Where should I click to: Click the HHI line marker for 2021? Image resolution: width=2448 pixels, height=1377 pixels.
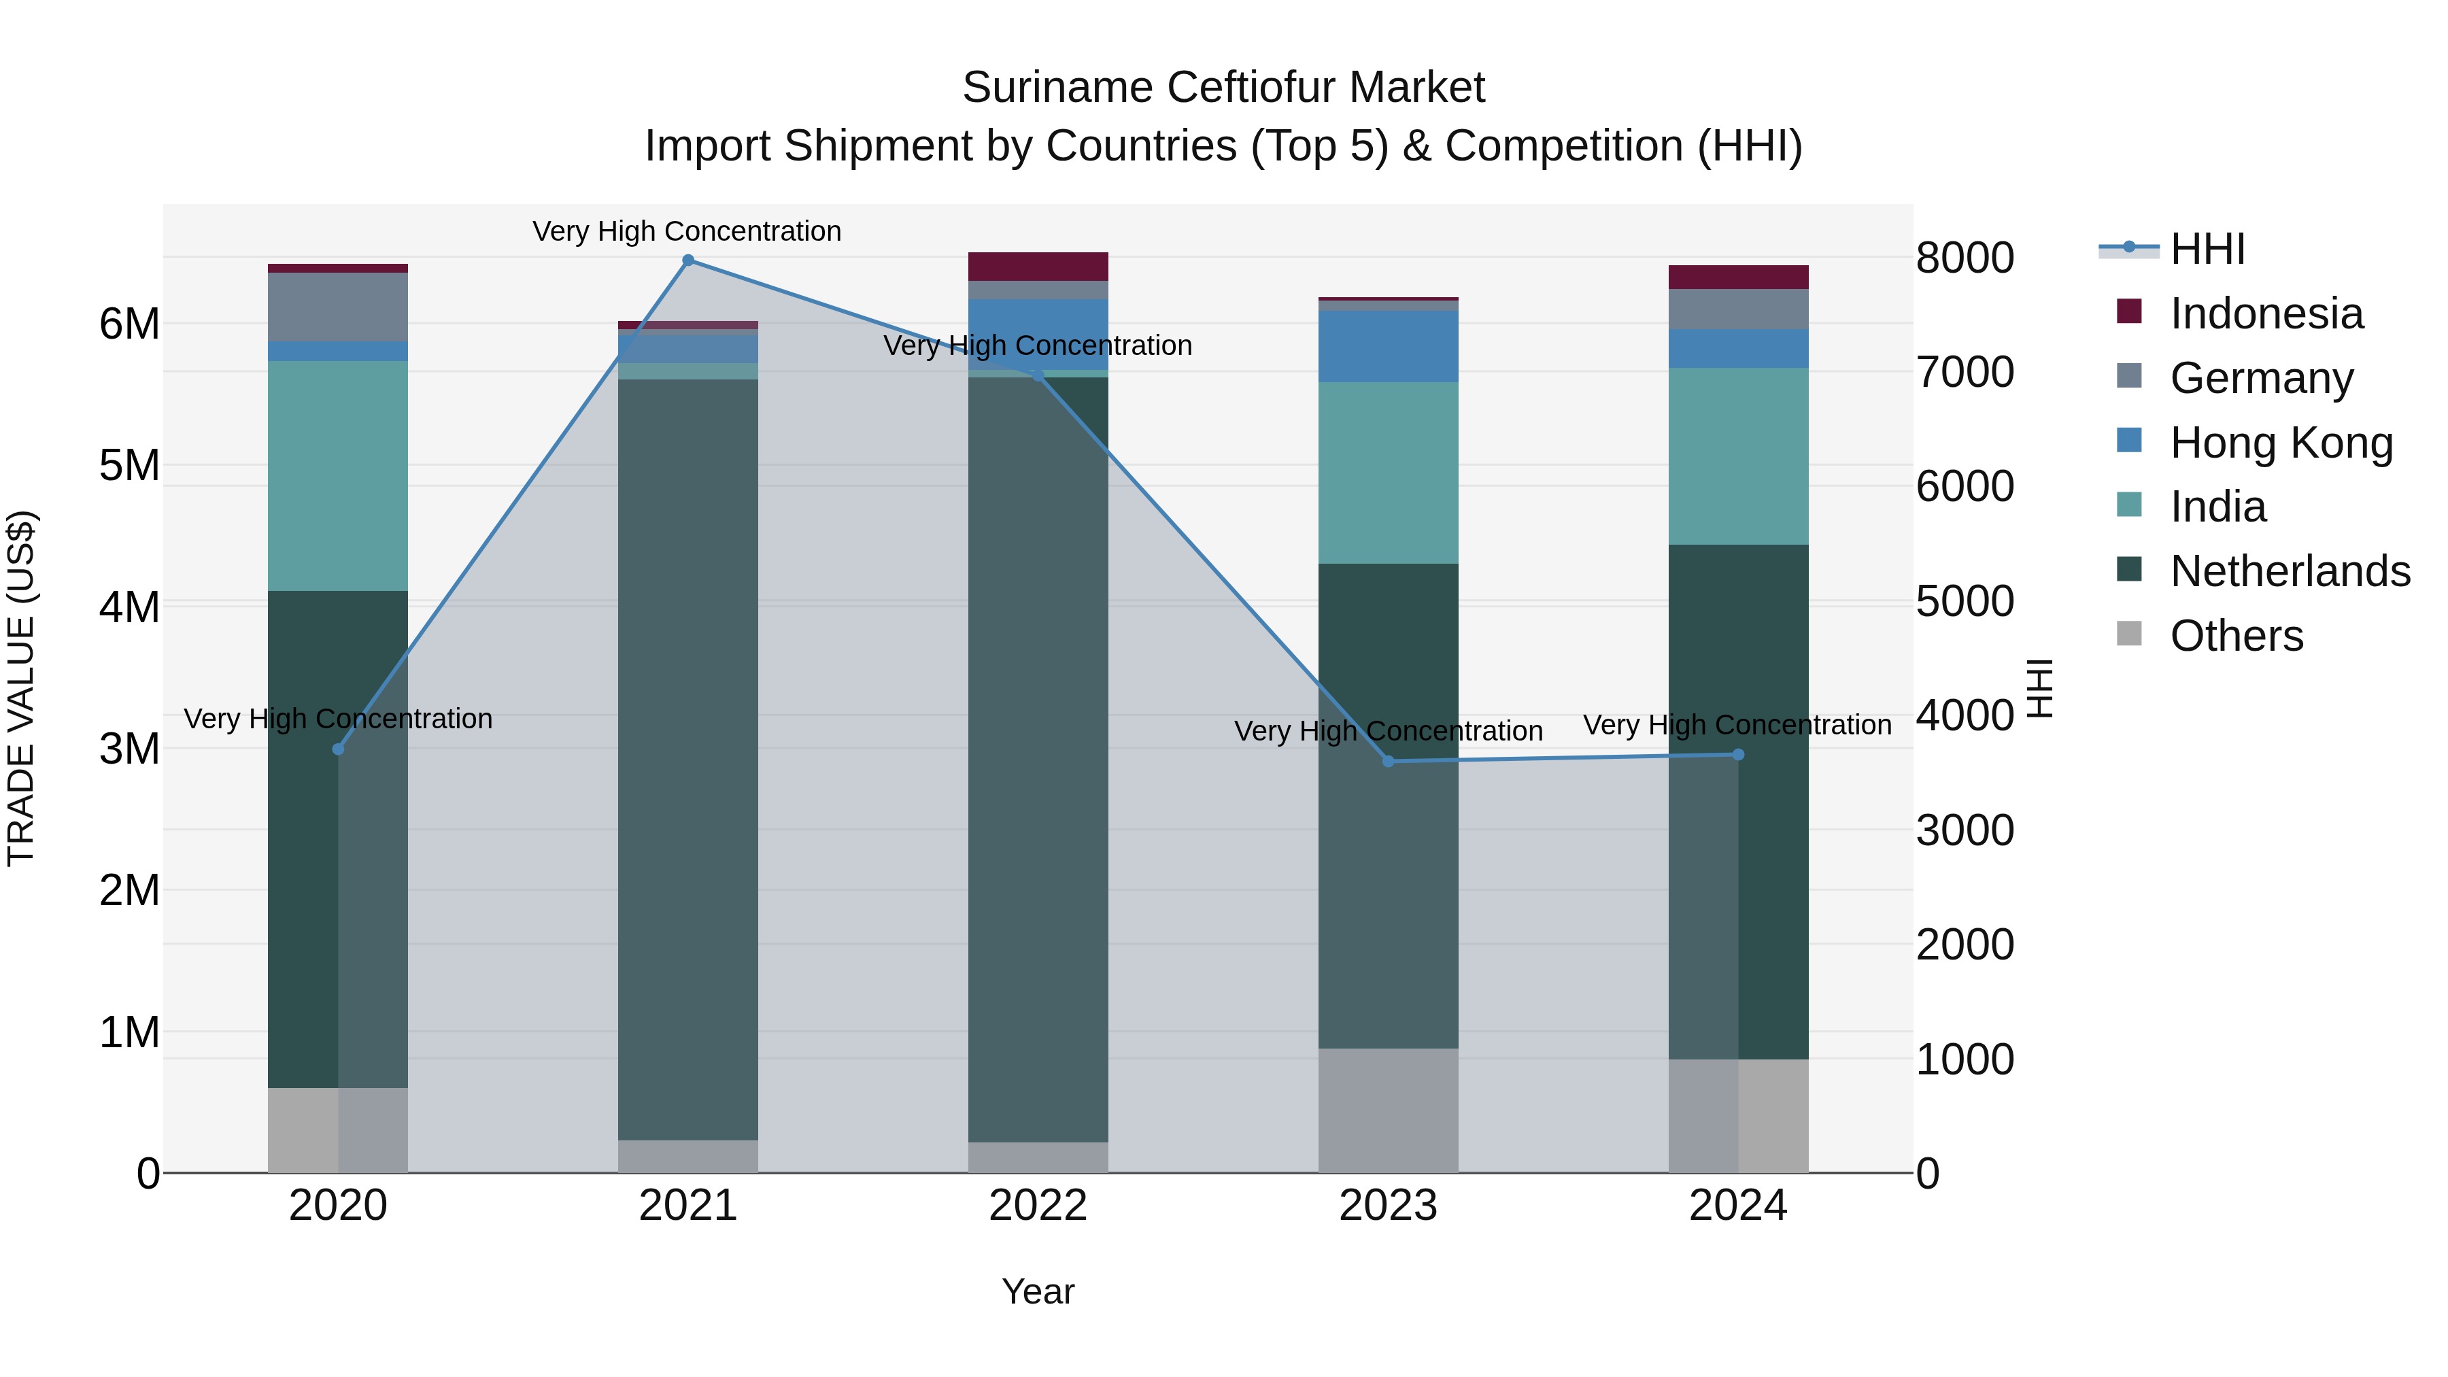pos(688,260)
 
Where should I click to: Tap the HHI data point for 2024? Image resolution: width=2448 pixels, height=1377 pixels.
pos(1738,755)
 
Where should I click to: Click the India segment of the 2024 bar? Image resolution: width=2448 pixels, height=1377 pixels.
pos(1738,456)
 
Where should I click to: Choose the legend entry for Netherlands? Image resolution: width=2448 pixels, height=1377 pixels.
pos(2290,571)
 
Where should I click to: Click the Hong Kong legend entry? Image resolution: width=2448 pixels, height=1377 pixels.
pos(2280,443)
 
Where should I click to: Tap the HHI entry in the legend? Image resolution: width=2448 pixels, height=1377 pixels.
pos(2207,249)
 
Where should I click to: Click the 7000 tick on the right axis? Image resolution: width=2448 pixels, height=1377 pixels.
pos(1963,373)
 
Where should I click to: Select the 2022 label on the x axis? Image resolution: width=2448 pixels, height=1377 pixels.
pos(1038,1206)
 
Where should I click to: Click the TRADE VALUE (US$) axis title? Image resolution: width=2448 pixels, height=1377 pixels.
pos(21,688)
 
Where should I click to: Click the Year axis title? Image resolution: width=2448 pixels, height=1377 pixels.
pos(1038,1291)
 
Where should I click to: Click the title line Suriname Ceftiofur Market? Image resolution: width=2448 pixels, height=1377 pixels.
pos(1223,88)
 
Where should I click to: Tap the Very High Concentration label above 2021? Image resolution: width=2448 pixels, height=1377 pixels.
pos(686,231)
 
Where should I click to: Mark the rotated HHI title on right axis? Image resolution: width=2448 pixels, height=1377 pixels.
pos(2039,688)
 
